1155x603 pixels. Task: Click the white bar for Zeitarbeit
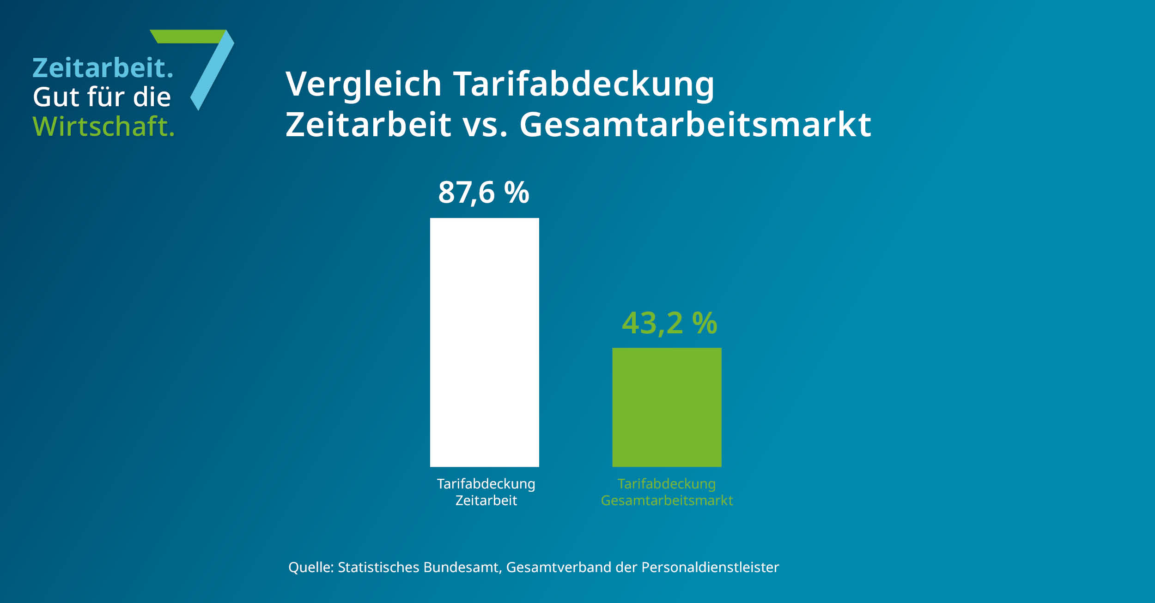(x=484, y=342)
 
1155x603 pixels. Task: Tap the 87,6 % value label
(x=483, y=193)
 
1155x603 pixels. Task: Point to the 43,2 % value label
(x=669, y=323)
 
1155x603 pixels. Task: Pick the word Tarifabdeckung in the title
(x=584, y=84)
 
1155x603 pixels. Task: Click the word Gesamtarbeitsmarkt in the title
(x=695, y=125)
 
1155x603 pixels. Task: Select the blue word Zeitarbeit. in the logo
(x=103, y=68)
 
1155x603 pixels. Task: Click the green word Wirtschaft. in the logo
(x=103, y=127)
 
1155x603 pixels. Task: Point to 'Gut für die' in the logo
(x=102, y=97)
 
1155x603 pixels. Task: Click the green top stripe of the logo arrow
(x=187, y=36)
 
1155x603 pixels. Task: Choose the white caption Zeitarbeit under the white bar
(x=486, y=500)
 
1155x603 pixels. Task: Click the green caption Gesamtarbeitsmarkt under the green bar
(x=667, y=500)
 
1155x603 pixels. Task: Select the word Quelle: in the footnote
(x=310, y=567)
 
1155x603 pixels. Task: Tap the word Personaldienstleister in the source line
(x=710, y=567)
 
